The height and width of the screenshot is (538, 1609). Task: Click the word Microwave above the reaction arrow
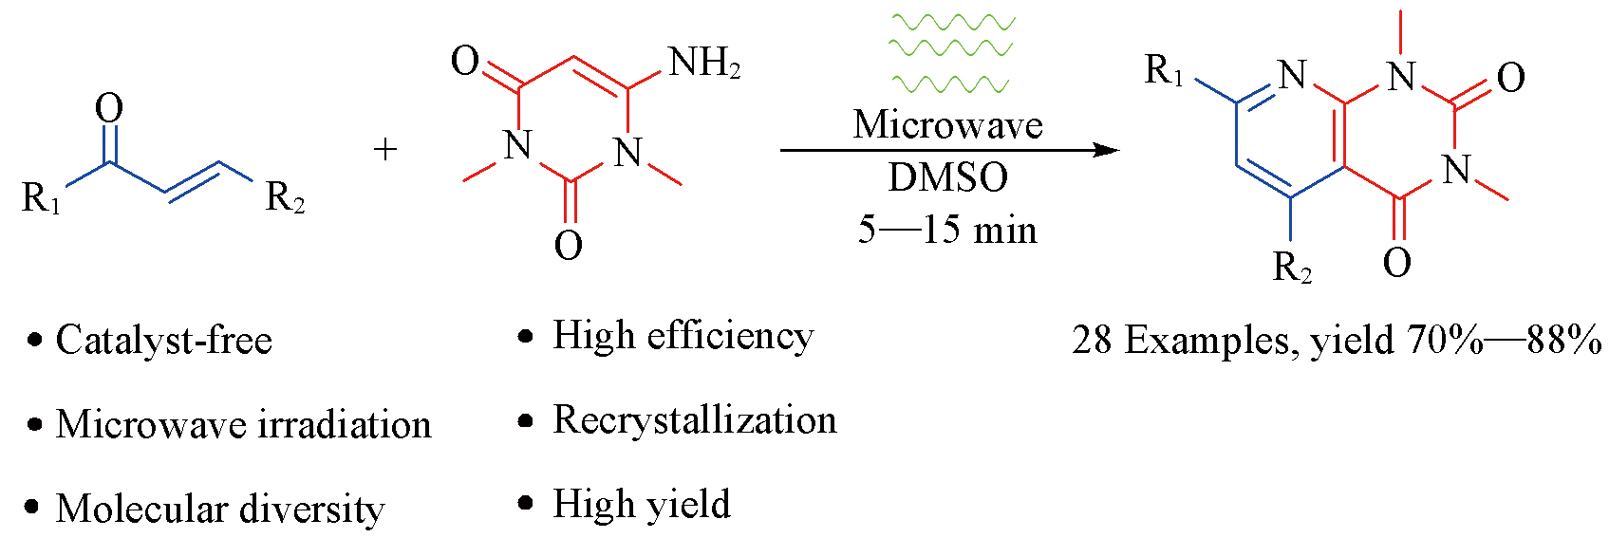[x=947, y=125]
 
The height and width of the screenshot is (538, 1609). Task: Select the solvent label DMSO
[x=947, y=177]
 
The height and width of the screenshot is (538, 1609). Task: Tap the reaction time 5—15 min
[x=947, y=230]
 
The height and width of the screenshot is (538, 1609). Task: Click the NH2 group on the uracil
[x=703, y=64]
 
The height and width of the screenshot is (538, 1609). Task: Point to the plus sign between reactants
[x=385, y=149]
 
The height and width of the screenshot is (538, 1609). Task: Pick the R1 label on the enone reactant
[x=41, y=198]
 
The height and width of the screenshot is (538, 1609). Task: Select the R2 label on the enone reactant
[x=285, y=197]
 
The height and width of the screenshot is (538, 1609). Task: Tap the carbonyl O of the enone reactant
[x=109, y=108]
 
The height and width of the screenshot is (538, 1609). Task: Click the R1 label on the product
[x=1164, y=70]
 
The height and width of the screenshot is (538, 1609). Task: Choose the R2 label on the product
[x=1292, y=268]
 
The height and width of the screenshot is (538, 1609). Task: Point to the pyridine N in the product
[x=1292, y=75]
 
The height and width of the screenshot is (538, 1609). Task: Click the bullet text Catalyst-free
[x=163, y=340]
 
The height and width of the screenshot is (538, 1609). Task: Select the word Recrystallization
[x=695, y=420]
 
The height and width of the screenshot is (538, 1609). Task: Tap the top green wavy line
[x=952, y=21]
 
